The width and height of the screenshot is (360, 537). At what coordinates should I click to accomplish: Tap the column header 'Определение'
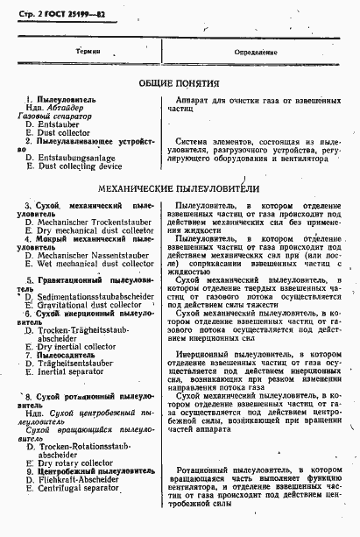click(x=255, y=52)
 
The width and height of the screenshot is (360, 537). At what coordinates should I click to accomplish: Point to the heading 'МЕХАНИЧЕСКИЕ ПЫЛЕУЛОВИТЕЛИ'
click(x=179, y=187)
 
